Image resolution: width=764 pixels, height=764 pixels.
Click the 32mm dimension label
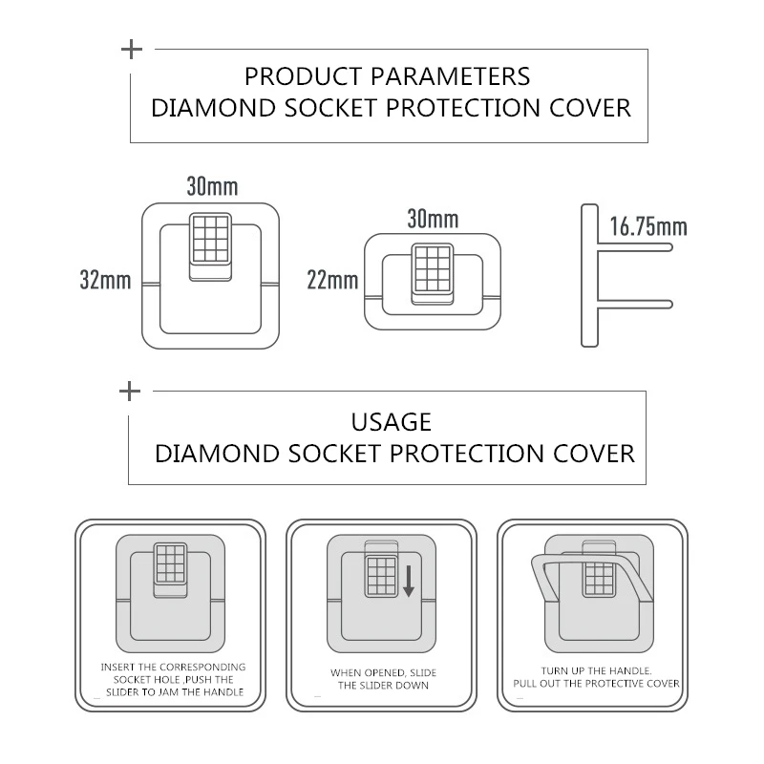[x=105, y=281]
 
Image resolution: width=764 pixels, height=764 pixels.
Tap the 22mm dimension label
[x=333, y=281]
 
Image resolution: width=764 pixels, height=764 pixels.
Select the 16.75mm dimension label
[x=648, y=226]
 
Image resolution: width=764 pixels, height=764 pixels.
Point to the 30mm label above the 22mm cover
[x=433, y=219]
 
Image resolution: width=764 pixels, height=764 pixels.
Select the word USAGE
[x=392, y=422]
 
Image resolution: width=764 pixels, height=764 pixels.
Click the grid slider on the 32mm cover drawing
[x=211, y=239]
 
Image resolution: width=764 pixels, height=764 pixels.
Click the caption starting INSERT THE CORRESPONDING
[x=173, y=678]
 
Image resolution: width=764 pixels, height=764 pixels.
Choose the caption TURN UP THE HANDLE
[x=597, y=677]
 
